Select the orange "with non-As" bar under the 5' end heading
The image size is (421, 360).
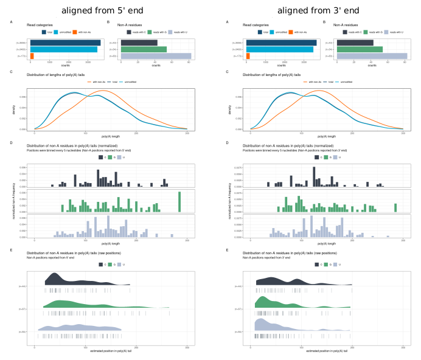[x=32, y=56]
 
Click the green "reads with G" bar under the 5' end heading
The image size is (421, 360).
[x=144, y=49]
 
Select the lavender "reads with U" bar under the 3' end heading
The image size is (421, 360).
[x=372, y=56]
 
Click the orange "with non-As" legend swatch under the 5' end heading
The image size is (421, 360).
[x=74, y=32]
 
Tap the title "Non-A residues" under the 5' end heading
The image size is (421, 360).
[x=130, y=24]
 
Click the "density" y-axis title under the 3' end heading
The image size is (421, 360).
[x=230, y=109]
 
